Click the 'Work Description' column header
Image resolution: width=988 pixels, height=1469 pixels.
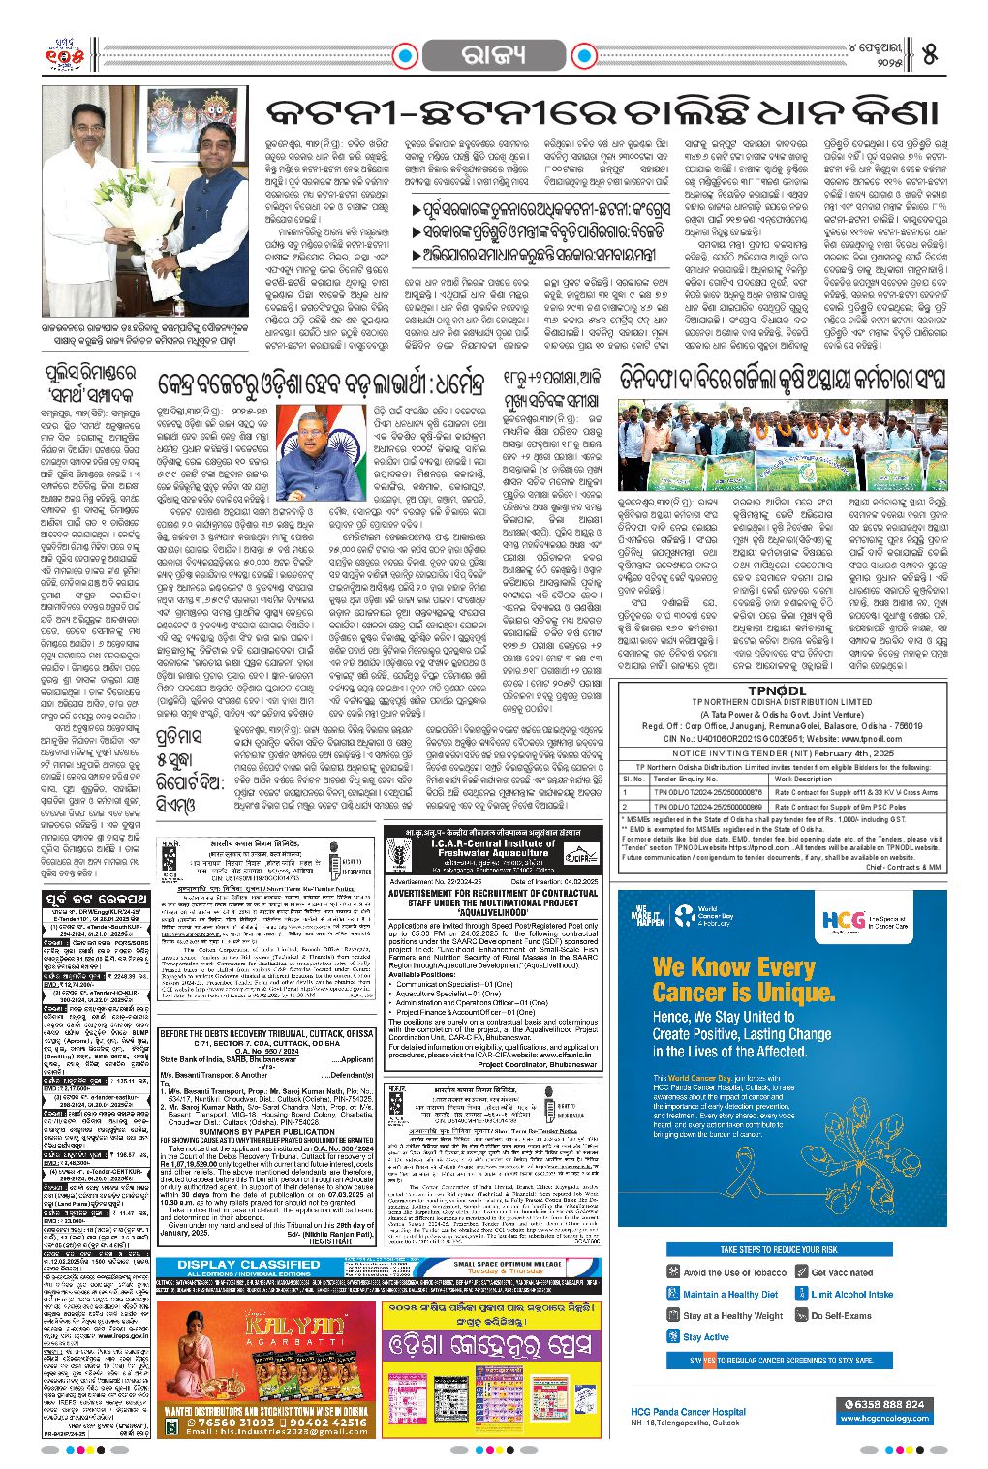click(803, 779)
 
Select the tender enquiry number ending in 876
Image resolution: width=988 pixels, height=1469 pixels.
click(706, 792)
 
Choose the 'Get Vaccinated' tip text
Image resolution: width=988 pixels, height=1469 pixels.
click(842, 1272)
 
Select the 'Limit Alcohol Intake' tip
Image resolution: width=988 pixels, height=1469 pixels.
click(851, 1294)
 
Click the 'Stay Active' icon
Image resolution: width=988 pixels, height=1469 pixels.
click(674, 1337)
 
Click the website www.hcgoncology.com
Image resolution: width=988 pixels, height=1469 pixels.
click(884, 1418)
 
